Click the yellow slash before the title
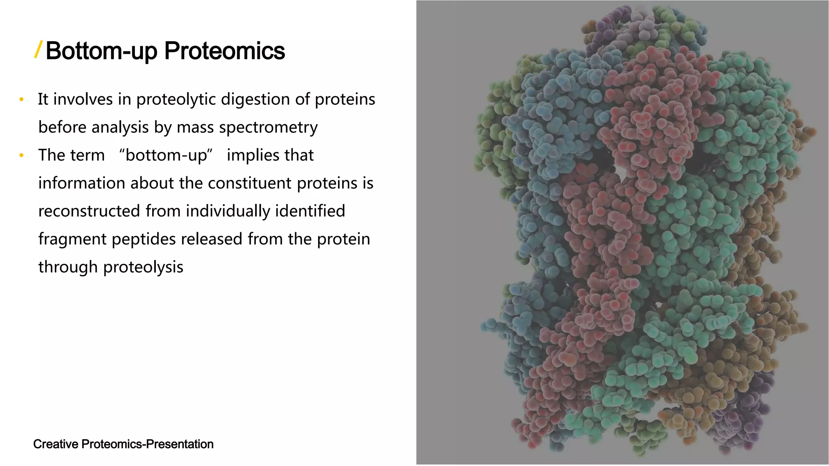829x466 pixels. pos(38,50)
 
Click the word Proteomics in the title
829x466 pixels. pos(224,51)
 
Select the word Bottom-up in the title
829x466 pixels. pos(101,51)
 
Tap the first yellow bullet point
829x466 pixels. pos(21,100)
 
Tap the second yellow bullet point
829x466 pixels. pos(21,155)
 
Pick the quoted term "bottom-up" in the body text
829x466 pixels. pos(166,155)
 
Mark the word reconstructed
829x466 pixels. pos(89,211)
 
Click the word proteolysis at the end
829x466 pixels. pos(143,267)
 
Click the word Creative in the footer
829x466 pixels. pos(55,444)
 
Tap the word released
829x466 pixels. pos(212,239)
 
